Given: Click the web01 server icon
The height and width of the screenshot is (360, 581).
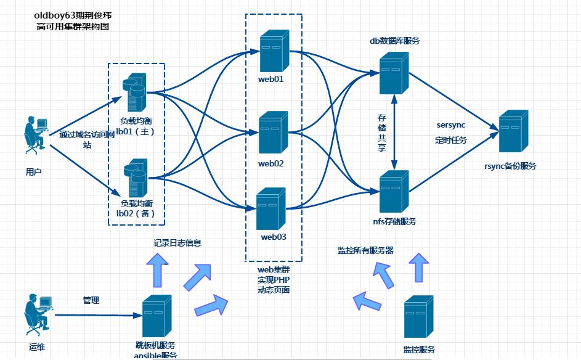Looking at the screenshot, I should click(274, 52).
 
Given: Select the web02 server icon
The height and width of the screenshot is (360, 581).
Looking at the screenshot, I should click(273, 133).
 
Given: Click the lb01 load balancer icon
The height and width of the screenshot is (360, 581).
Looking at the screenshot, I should click(136, 91).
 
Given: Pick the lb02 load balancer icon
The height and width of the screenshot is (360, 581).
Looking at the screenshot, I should click(136, 178).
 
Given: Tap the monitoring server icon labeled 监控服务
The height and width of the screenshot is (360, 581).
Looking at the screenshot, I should click(419, 317).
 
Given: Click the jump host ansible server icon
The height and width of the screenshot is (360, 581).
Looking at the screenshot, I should click(157, 316).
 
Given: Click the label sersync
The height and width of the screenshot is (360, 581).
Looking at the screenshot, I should click(451, 125).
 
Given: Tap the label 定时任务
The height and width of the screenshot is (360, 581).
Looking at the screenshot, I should click(451, 140).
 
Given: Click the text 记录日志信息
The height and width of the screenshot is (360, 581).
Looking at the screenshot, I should click(177, 243).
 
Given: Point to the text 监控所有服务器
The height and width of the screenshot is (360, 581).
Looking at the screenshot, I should click(365, 250).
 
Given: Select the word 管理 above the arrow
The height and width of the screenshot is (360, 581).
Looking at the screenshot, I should click(91, 300).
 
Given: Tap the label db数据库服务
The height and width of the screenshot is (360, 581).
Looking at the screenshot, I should click(394, 41).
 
